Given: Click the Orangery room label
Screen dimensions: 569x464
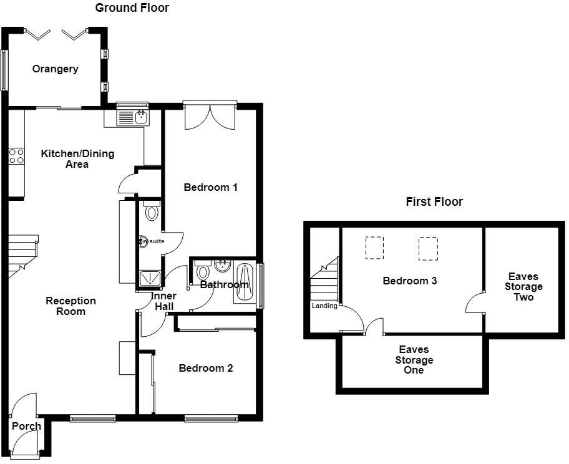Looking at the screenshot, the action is point(55,69).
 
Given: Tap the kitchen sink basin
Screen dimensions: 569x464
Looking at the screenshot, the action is point(142,117).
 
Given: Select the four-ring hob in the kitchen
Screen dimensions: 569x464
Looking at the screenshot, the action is point(16,156).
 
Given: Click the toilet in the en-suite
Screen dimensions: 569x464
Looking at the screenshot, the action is point(152,211).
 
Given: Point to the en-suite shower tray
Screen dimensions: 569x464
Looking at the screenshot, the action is point(150,278).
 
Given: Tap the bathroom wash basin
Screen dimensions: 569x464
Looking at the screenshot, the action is point(222,266).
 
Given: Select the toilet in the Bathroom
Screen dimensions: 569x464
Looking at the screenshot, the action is point(203,269).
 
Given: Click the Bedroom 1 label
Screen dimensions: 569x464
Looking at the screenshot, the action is point(210,187).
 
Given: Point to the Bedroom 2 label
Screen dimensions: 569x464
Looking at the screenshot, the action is point(206,368).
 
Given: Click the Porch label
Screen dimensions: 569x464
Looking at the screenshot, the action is point(26,426).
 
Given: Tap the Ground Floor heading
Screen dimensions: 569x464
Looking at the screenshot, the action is point(132,7).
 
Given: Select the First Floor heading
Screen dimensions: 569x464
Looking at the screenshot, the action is point(434,201).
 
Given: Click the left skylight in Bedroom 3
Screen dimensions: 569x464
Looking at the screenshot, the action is point(374,248).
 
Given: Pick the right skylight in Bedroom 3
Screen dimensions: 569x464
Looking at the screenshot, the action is point(428,249).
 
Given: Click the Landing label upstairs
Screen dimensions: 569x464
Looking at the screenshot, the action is point(324,306).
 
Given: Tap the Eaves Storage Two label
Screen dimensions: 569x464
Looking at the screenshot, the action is point(523,287).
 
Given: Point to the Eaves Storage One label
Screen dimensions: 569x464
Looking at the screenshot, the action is point(414,360).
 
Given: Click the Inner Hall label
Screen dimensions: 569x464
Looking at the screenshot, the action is point(164,301).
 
